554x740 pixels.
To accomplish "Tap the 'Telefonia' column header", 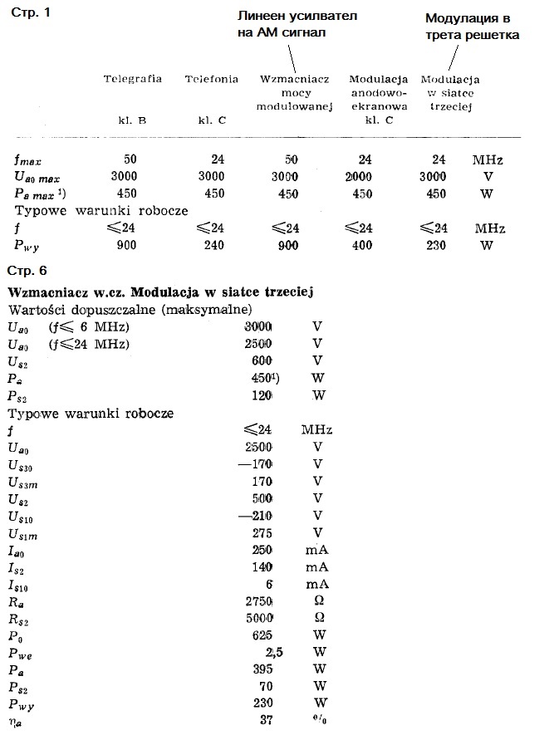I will (x=212, y=79).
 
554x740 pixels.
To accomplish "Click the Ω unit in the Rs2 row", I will (x=316, y=619).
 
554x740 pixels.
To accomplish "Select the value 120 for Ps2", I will (x=262, y=395).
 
